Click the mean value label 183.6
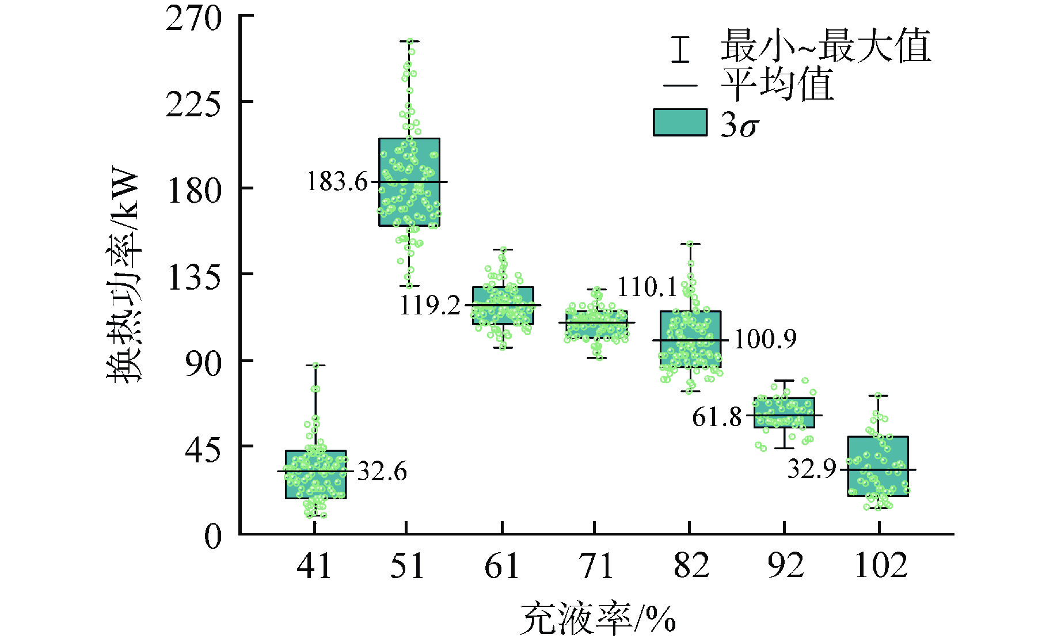tap(337, 182)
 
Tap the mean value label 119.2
tap(430, 305)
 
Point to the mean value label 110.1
tap(647, 287)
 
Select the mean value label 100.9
tap(765, 339)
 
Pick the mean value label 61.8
tap(717, 417)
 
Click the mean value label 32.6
tap(382, 472)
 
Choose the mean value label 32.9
tap(811, 469)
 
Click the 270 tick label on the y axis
tap(193, 18)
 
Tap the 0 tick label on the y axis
tap(213, 537)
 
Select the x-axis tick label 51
tap(406, 566)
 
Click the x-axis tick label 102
tap(881, 566)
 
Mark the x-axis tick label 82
tap(691, 566)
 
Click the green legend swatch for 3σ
tap(680, 123)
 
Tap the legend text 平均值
tap(777, 85)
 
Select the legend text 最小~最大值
tap(825, 46)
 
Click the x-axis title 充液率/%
tap(597, 619)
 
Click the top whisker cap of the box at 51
tap(409, 41)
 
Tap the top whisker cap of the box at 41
tap(315, 365)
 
